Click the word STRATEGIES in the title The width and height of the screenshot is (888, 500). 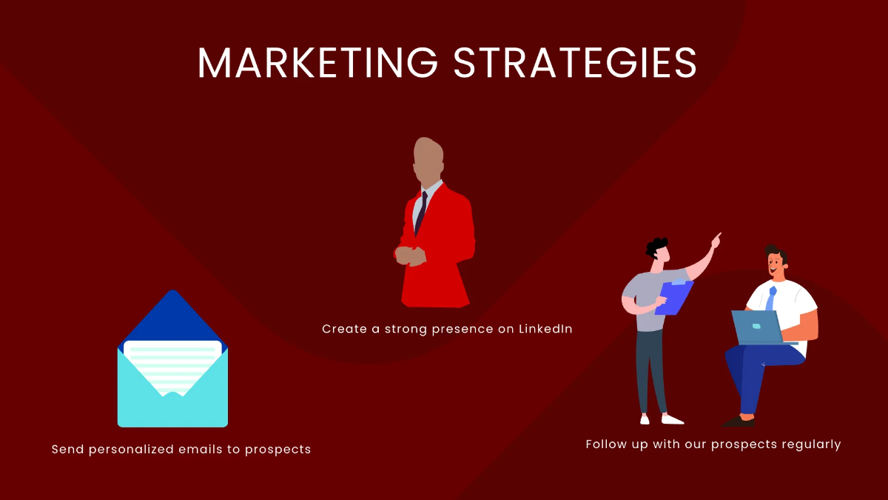575,63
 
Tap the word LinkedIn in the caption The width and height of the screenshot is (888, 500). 545,329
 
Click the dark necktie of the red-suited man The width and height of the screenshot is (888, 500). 421,210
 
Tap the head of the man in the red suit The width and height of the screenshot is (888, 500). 428,159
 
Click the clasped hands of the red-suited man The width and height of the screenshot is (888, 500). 411,255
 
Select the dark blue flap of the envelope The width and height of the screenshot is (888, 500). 172,315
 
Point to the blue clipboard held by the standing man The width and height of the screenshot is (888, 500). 674,296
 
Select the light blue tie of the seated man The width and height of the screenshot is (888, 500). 771,298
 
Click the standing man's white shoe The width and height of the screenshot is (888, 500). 672,419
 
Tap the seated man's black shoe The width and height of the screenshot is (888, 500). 739,421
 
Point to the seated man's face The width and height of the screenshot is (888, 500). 775,262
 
